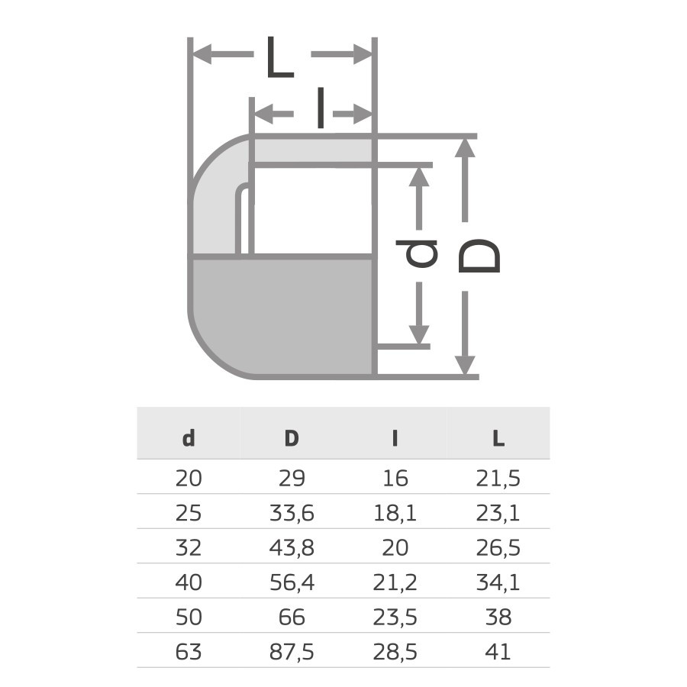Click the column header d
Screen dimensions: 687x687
[189, 438]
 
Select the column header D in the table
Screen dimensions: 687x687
[292, 438]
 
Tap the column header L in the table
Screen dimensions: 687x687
[498, 438]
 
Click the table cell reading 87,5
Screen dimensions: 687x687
[292, 651]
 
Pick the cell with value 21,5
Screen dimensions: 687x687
[498, 479]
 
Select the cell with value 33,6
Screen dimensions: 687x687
[292, 513]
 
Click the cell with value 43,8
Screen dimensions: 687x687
[292, 547]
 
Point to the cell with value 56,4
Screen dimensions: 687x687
[292, 582]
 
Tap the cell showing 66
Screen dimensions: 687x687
[292, 617]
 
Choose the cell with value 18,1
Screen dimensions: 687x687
[395, 513]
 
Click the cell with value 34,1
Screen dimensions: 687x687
[498, 582]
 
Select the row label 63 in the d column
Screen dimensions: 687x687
[189, 651]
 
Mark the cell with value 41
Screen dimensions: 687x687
[498, 651]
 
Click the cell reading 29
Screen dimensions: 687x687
[292, 479]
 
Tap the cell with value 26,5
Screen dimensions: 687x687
[498, 547]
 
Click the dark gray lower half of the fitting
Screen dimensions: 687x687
[282, 317]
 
